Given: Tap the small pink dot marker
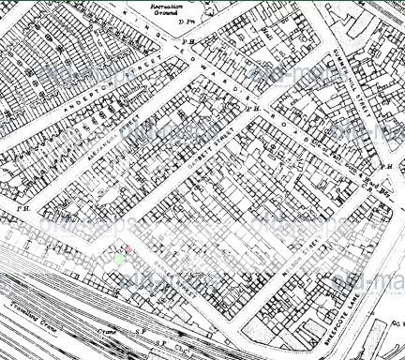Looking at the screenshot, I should pyautogui.click(x=116, y=247).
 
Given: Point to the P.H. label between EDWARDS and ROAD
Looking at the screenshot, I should pyautogui.click(x=251, y=108).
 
